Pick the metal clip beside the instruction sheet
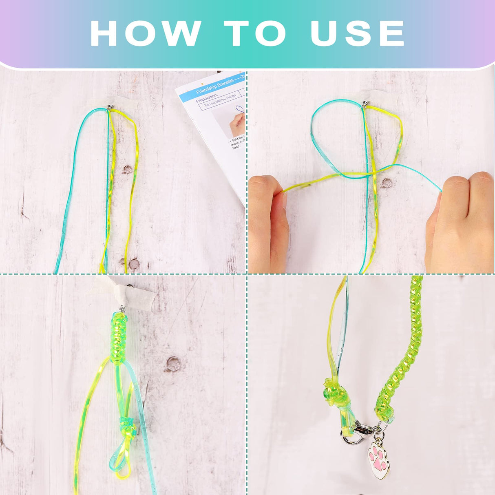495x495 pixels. click(x=110, y=108)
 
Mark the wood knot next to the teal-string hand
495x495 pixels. click(x=387, y=183)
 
